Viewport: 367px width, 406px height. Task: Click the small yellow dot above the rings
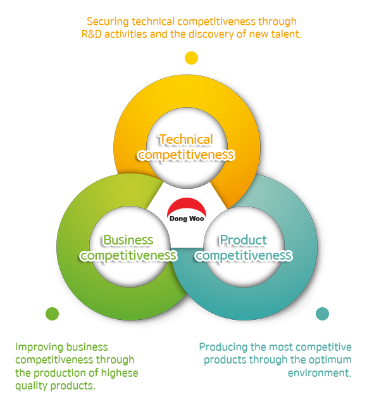pos(191,58)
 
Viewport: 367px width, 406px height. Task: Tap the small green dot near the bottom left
pos(53,314)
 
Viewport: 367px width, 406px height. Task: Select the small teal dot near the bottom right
pos(322,314)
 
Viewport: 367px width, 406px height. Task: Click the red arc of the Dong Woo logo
pos(187,206)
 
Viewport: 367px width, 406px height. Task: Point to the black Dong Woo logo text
pos(187,219)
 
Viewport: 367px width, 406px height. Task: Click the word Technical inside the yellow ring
pos(186,139)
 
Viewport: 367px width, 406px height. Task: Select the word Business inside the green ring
pos(128,240)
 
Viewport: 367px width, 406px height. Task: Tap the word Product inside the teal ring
pos(244,240)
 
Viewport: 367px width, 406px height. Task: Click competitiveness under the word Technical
pos(186,155)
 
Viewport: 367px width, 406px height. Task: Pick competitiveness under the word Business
pos(128,256)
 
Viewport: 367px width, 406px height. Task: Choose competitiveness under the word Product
pos(244,256)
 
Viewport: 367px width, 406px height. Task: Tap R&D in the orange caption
pos(91,34)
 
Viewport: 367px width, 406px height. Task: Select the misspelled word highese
pos(120,373)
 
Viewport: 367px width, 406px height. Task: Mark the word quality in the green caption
pos(32,386)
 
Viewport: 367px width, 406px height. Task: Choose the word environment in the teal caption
pos(320,373)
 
